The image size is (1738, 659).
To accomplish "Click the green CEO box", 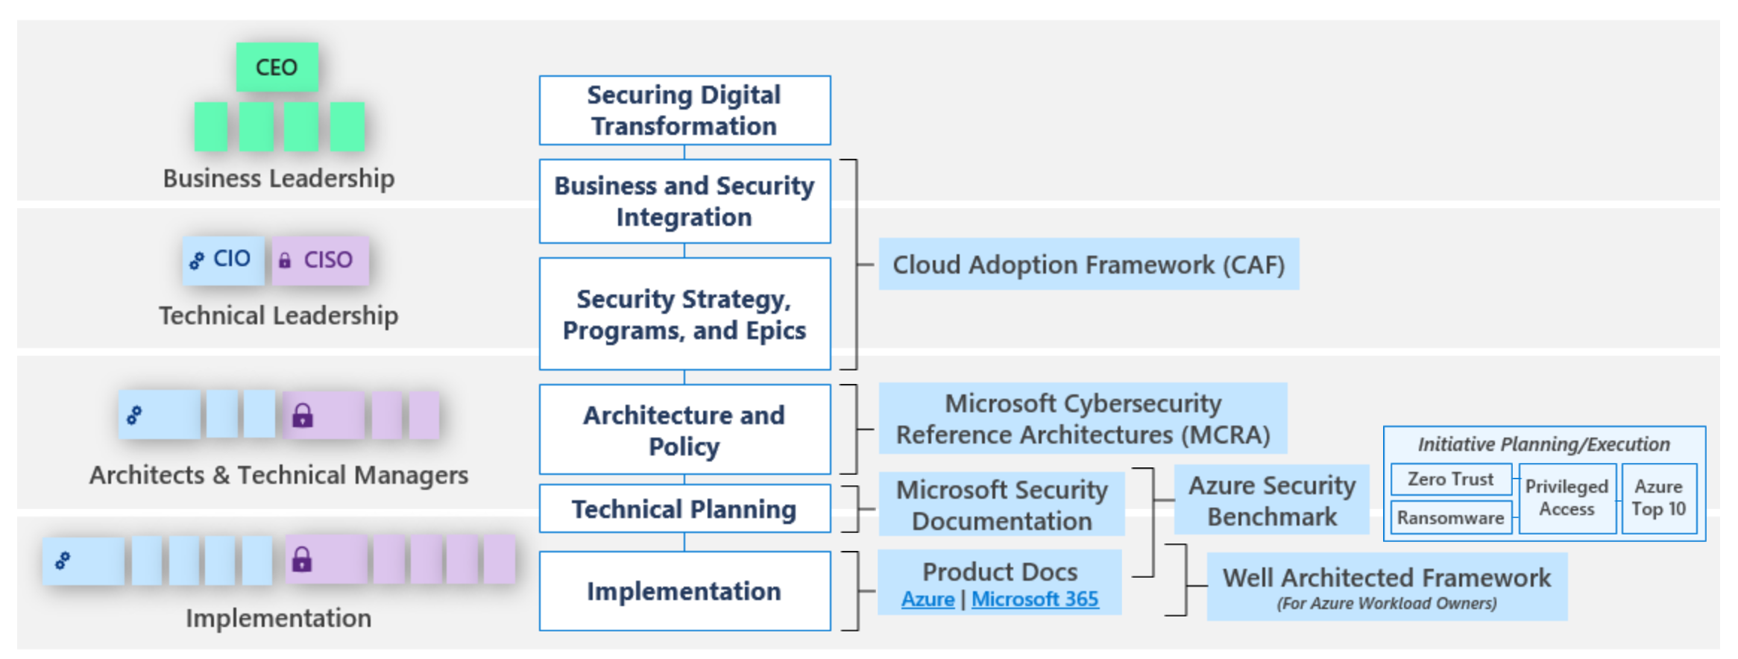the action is (x=277, y=67).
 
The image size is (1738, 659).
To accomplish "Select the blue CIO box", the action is (x=223, y=259).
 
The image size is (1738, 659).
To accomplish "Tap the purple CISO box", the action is (x=320, y=259).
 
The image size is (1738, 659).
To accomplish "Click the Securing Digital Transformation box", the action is (x=684, y=110).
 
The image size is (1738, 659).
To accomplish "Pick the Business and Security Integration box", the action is (x=684, y=201).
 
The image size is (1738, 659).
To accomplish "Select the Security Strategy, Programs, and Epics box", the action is (x=684, y=314).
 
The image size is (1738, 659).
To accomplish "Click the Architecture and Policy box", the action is (x=684, y=429).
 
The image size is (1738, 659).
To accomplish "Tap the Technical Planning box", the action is (x=684, y=508).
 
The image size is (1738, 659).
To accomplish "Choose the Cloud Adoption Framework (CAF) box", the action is (x=1089, y=264).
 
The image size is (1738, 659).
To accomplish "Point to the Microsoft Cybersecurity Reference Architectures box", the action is (x=1083, y=418).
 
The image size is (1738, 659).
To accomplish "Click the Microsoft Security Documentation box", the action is (x=1001, y=504).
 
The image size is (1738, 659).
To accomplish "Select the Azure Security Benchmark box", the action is (x=1271, y=499).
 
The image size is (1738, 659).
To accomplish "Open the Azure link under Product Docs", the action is (x=928, y=599).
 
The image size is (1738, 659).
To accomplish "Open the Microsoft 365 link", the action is (x=1035, y=599).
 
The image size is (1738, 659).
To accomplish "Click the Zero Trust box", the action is (x=1451, y=479).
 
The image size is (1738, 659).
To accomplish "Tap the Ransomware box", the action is (x=1451, y=517).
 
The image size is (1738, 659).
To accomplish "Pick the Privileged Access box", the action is (x=1567, y=498).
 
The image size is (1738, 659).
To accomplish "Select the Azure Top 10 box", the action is (x=1659, y=498).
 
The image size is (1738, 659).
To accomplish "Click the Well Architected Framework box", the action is (x=1387, y=587).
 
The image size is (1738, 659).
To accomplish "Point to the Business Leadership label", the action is (x=279, y=178).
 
